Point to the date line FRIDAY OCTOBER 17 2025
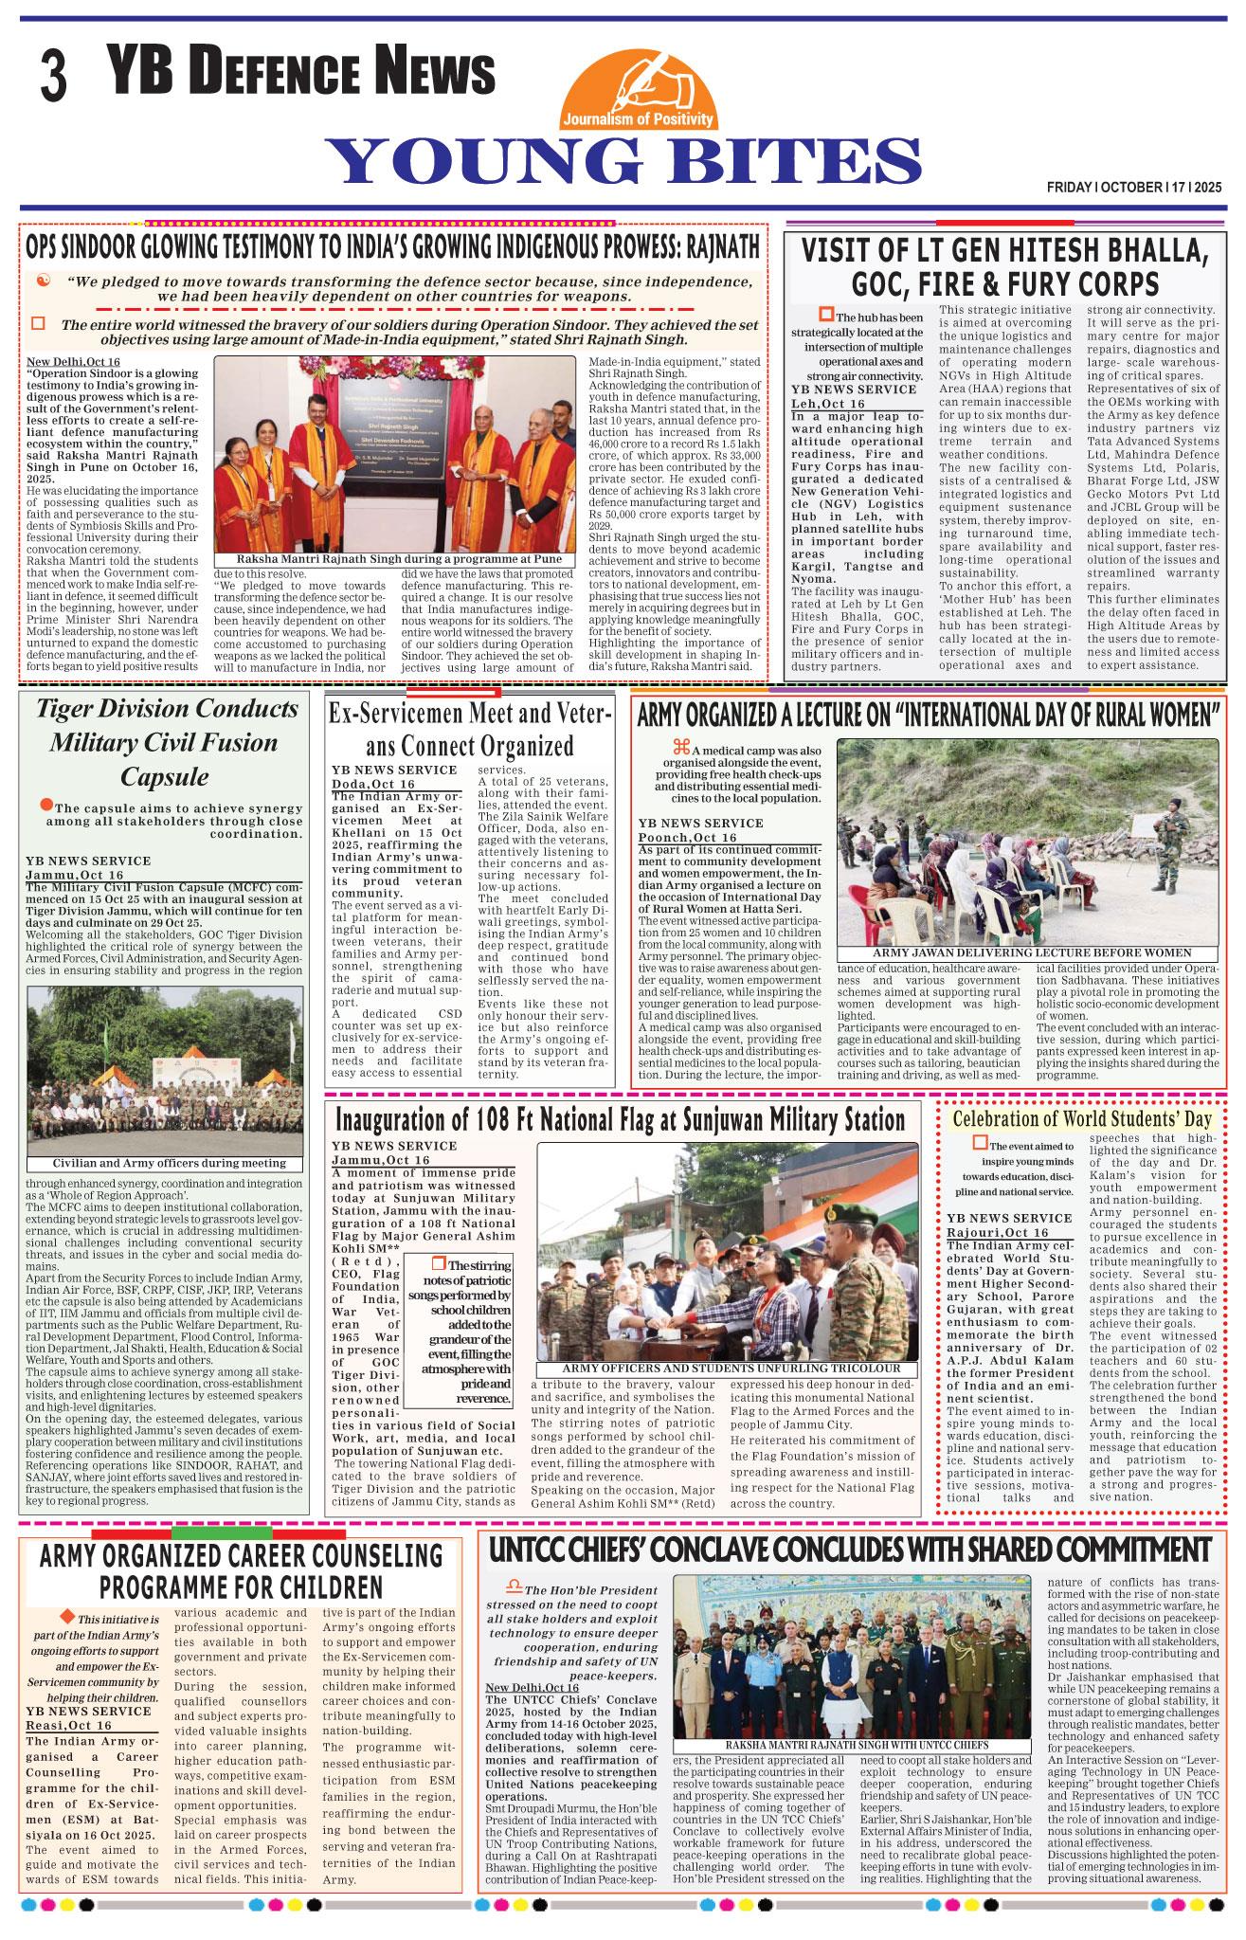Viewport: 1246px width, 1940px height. point(1133,188)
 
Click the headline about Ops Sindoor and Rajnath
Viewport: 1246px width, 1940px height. point(393,246)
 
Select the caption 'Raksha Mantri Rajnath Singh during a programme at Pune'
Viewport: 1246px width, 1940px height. point(394,559)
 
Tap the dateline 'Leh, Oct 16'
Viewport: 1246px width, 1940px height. point(828,403)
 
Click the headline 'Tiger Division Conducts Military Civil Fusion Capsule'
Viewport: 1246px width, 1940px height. point(168,742)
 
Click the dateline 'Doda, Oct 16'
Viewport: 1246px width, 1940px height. point(372,784)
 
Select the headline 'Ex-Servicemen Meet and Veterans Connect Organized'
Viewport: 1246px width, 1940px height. point(471,728)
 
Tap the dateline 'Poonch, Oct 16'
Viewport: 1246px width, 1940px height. point(687,838)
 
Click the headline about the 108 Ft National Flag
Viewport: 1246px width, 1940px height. point(622,1120)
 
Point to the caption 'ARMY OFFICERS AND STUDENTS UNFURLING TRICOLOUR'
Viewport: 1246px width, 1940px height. point(727,1369)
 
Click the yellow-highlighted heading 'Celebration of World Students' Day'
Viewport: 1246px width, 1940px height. point(1081,1118)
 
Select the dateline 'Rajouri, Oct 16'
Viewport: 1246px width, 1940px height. point(997,1231)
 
